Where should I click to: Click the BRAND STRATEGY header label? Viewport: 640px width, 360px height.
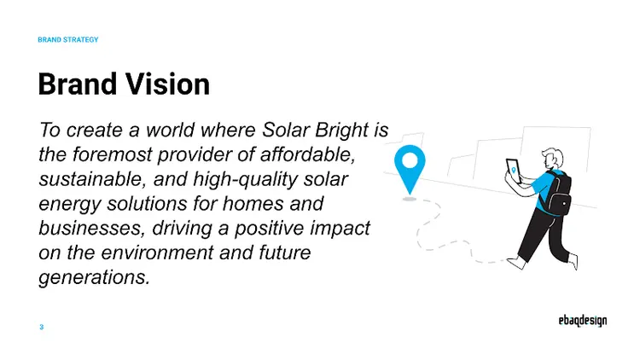point(68,40)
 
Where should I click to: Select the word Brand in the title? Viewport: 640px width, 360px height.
point(75,84)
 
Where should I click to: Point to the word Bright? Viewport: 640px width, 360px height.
point(346,131)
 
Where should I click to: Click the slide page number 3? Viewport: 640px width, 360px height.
point(41,328)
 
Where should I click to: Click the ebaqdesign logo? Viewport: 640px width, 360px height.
point(578,322)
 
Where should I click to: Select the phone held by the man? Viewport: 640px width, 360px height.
point(513,168)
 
